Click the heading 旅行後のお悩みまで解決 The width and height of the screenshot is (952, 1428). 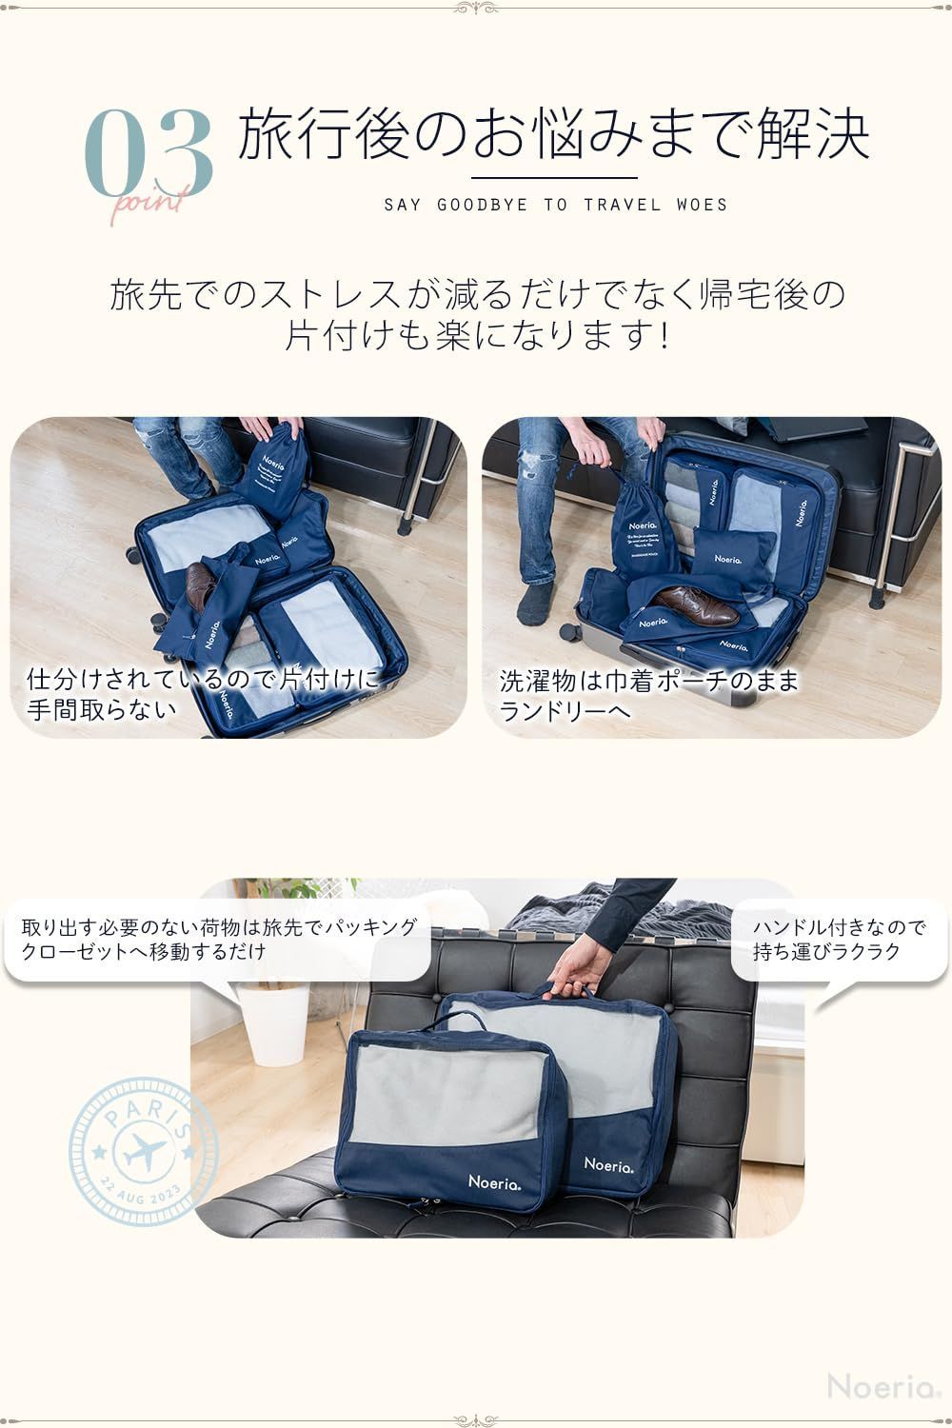pyautogui.click(x=552, y=136)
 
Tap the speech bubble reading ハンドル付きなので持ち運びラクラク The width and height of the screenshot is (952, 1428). pyautogui.click(x=839, y=940)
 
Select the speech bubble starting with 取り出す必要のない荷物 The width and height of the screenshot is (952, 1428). pyautogui.click(x=219, y=940)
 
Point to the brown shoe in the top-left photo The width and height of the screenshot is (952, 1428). pyautogui.click(x=199, y=586)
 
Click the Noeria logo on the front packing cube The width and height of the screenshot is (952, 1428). pyautogui.click(x=494, y=1181)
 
